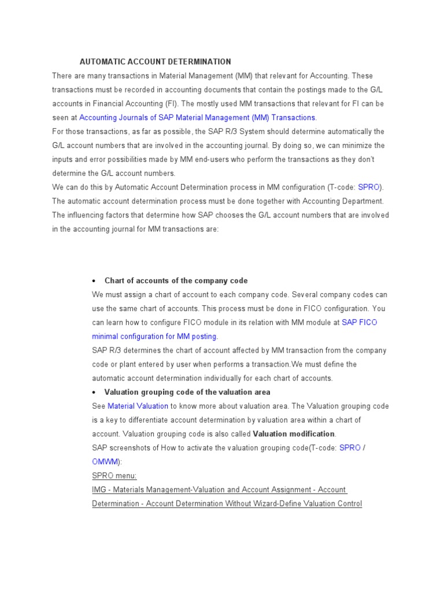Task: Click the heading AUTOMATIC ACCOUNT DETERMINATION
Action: (x=155, y=61)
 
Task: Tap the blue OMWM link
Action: (x=105, y=461)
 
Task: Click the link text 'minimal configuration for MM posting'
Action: (x=154, y=336)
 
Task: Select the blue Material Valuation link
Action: (x=138, y=406)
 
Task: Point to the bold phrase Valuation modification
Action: (x=294, y=434)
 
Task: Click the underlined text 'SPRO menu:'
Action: (x=114, y=475)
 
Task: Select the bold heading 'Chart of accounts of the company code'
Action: (x=176, y=280)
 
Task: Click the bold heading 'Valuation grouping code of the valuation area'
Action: (x=187, y=392)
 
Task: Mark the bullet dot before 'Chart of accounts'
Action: (x=94, y=281)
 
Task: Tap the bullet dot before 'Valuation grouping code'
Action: (x=94, y=393)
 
